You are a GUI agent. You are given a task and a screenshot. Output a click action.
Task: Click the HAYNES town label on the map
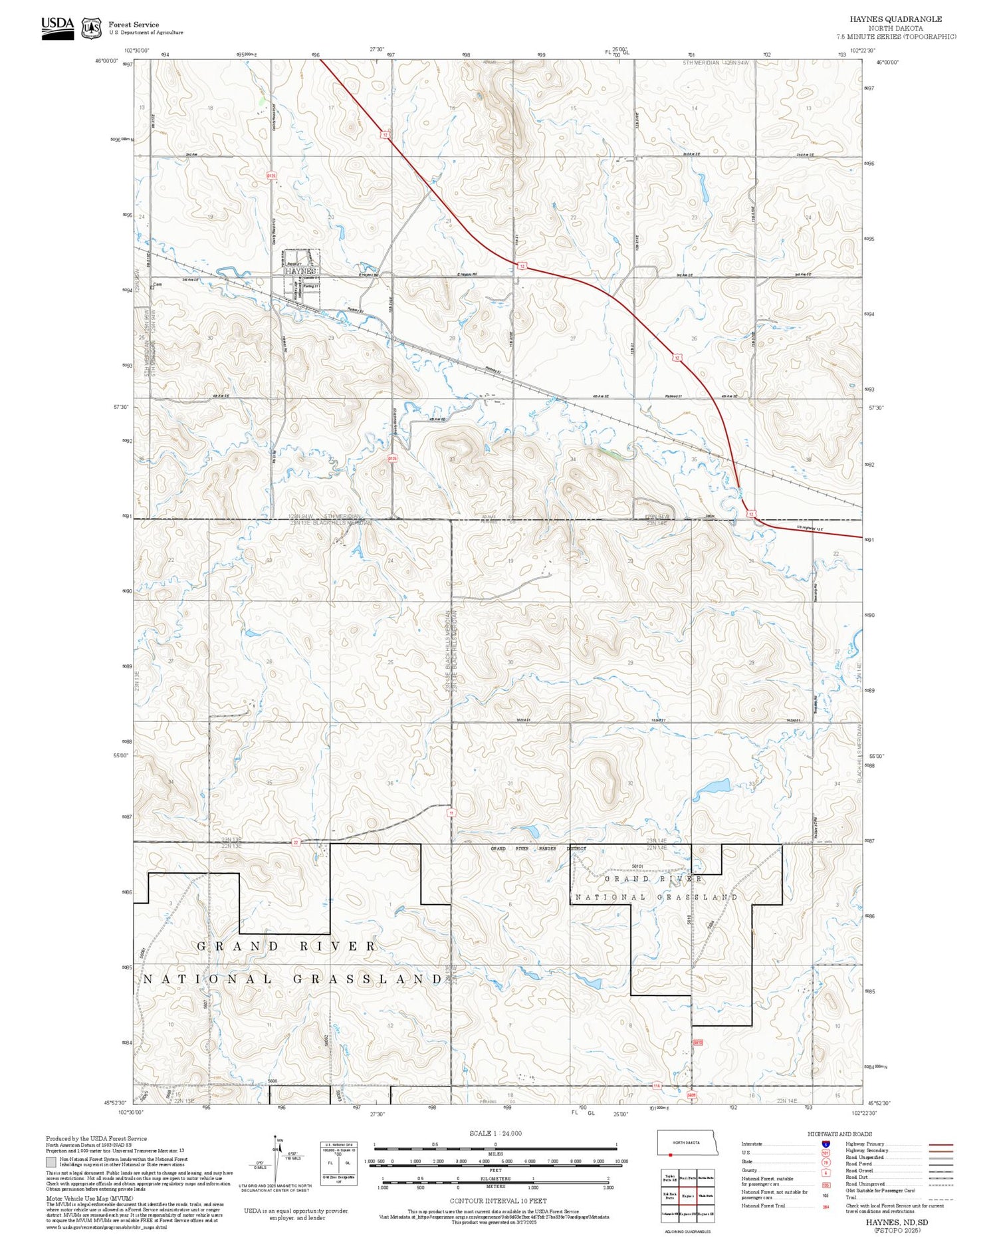coord(300,271)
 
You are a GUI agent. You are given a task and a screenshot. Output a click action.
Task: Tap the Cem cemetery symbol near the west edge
coord(157,286)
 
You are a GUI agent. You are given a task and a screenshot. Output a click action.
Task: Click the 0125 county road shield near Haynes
coord(271,176)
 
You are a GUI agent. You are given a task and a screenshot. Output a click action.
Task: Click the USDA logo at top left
coord(58,27)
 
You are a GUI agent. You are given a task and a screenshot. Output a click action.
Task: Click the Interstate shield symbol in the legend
coord(826,1144)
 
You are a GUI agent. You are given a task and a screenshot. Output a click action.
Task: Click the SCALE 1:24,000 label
coord(495,1133)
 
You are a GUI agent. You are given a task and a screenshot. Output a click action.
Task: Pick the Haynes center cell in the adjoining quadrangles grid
coord(688,1196)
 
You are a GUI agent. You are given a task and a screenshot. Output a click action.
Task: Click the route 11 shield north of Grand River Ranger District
coord(451,812)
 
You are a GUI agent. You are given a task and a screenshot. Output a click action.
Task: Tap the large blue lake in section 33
coord(712,789)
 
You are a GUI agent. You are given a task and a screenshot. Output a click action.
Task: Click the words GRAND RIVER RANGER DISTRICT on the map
coord(538,848)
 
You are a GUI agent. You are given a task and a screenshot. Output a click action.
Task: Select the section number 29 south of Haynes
coord(331,338)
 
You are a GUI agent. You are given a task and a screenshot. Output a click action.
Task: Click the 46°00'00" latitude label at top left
coord(106,61)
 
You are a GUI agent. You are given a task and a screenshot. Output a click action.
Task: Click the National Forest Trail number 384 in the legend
coord(826,1206)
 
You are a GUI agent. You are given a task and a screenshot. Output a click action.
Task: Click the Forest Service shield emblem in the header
coord(91,28)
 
